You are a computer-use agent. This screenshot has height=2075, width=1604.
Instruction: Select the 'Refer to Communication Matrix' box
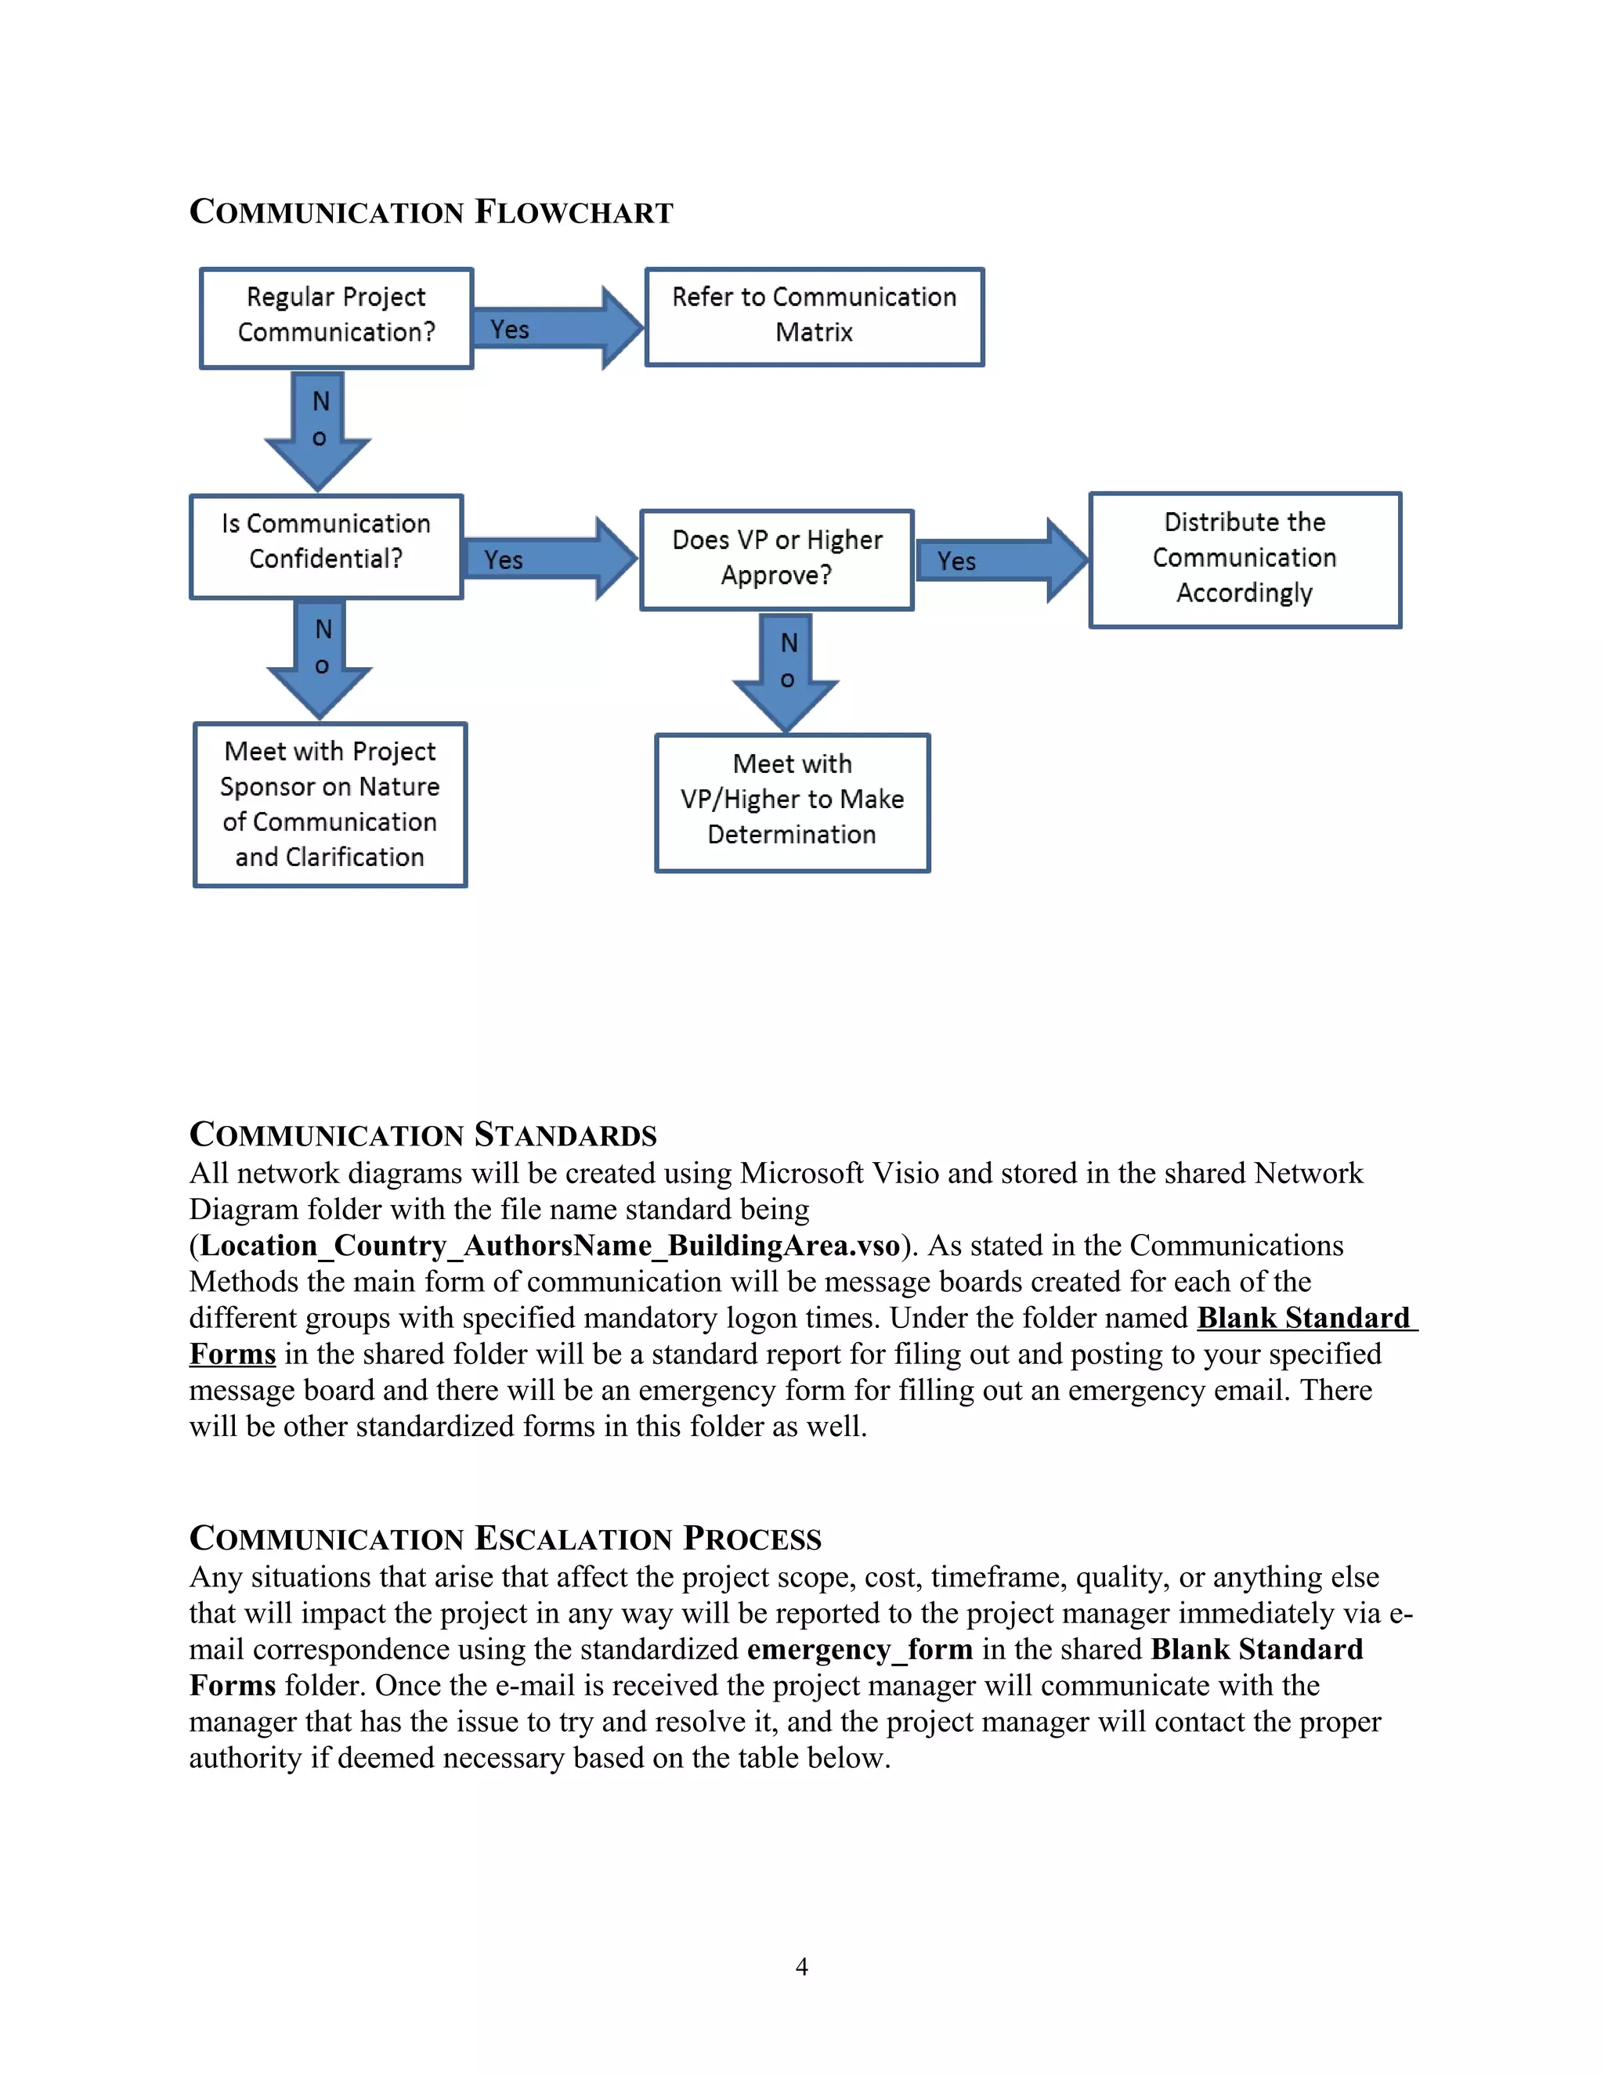[x=815, y=317]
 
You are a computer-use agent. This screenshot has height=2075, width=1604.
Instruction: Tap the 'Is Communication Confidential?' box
[x=326, y=547]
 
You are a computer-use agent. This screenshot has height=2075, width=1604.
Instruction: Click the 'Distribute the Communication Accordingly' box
[x=1245, y=560]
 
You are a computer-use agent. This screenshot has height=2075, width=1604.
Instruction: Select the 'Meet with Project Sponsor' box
[x=330, y=805]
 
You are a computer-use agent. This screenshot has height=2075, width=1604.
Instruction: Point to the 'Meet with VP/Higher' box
[x=792, y=802]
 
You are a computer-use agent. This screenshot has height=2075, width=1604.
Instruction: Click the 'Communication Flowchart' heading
[x=431, y=211]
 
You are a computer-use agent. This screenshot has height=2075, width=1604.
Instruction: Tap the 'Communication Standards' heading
[x=423, y=1135]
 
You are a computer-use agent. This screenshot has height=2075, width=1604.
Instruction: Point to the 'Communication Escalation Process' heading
[x=504, y=1538]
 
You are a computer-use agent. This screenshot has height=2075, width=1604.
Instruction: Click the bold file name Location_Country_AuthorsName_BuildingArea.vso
[x=549, y=1246]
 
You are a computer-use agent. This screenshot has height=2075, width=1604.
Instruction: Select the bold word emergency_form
[x=860, y=1649]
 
